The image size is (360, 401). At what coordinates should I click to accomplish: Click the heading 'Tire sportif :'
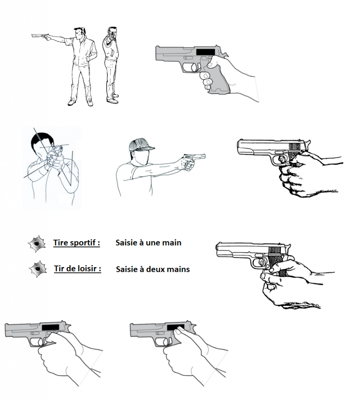(x=76, y=243)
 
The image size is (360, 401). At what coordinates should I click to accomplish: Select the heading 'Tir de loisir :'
(x=78, y=269)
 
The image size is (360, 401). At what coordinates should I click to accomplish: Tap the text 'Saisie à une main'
(x=148, y=243)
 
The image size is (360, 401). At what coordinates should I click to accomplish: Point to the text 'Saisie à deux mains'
(x=153, y=269)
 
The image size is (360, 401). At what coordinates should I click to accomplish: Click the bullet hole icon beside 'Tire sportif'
(x=37, y=244)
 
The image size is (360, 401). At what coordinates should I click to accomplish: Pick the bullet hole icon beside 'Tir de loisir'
(x=38, y=269)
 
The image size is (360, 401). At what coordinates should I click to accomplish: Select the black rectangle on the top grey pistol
(x=205, y=52)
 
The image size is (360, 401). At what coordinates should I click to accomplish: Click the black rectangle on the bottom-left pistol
(x=51, y=327)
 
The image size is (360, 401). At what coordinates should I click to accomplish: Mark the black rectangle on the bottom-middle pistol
(x=175, y=327)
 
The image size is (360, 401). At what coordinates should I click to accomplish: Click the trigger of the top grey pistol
(x=197, y=67)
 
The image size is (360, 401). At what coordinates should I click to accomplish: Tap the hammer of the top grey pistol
(x=225, y=54)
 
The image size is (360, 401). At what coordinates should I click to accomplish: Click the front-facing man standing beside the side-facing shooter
(x=111, y=65)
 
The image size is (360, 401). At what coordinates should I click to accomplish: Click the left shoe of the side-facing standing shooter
(x=72, y=103)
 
